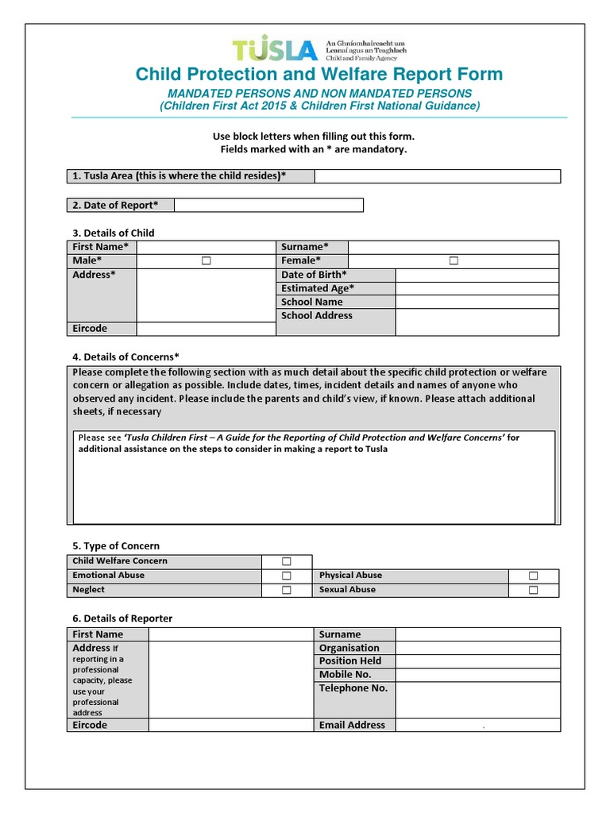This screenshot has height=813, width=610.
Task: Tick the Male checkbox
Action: (x=206, y=260)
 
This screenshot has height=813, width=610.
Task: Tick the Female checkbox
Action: (x=454, y=260)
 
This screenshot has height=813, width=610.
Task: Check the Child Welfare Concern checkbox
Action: (x=286, y=561)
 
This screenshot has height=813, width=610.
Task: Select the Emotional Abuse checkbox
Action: (x=286, y=576)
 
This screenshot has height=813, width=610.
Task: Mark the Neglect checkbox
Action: (x=286, y=590)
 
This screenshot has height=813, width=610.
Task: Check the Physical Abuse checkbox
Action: (x=533, y=576)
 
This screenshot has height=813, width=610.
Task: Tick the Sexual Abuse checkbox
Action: (x=533, y=590)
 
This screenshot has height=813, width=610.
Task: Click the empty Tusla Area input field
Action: (x=438, y=176)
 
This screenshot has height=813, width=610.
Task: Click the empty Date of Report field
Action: (x=268, y=206)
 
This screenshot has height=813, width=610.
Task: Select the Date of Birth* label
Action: (x=314, y=275)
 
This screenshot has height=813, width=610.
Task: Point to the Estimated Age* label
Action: (x=318, y=288)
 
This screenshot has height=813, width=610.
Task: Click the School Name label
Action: (x=312, y=302)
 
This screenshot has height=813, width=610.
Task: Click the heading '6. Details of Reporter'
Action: (x=122, y=618)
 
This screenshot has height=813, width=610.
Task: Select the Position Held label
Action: (x=350, y=661)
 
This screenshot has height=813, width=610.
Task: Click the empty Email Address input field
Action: (x=478, y=725)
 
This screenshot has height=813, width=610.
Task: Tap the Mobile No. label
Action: (x=346, y=674)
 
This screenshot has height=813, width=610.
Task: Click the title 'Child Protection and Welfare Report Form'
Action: (x=319, y=75)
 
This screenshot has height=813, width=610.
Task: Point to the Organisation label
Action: (x=349, y=648)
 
